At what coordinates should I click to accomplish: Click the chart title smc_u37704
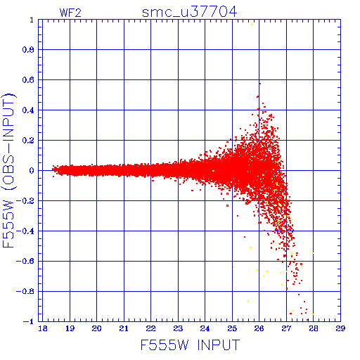[x=189, y=12]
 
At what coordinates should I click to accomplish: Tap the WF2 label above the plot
[x=70, y=13]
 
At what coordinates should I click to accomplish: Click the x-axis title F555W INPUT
[x=190, y=345]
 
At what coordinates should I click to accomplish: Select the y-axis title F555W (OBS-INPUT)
[x=8, y=170]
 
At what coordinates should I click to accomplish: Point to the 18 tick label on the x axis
[x=43, y=328]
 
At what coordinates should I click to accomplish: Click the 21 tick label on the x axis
[x=124, y=328]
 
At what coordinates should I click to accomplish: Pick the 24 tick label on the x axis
[x=205, y=328]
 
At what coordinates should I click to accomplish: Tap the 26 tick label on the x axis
[x=259, y=328]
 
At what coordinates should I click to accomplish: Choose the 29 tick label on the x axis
[x=340, y=328]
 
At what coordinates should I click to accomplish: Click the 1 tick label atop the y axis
[x=32, y=20]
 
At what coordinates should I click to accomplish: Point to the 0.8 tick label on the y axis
[x=29, y=50]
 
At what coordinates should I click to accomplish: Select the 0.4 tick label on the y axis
[x=29, y=110]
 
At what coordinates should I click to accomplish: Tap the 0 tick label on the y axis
[x=32, y=170]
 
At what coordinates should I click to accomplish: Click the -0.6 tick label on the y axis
[x=25, y=261]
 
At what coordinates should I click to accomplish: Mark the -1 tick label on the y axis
[x=29, y=321]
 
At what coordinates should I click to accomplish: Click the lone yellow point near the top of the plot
[x=252, y=24]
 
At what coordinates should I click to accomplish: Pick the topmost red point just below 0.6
[x=260, y=84]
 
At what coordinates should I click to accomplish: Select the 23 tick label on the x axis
[x=178, y=328]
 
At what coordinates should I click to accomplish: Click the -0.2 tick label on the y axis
[x=25, y=200]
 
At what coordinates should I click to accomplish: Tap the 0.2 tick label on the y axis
[x=29, y=141]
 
